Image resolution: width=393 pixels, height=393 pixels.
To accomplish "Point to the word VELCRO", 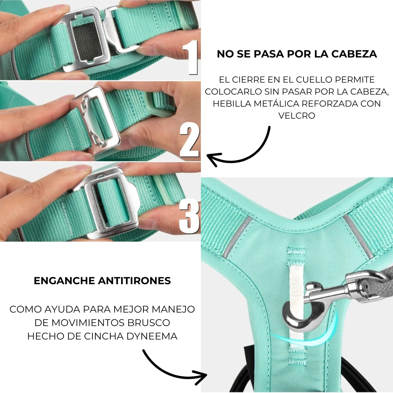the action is click(297, 116).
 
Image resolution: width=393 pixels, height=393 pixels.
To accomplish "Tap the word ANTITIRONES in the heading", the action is click(134, 281).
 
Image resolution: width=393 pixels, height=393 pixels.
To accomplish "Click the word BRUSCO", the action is click(149, 322).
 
